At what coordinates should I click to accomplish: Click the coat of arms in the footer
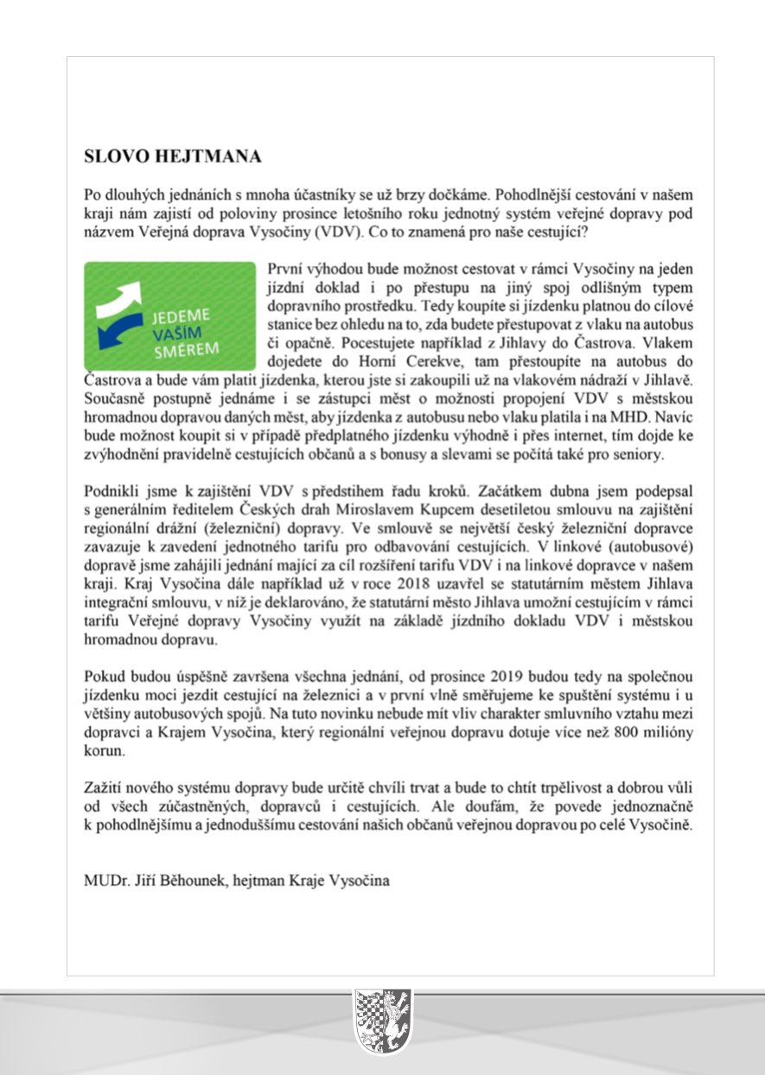point(382,1021)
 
